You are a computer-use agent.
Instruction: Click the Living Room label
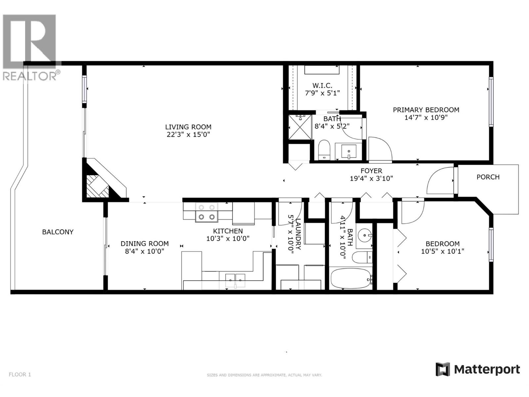pos(188,127)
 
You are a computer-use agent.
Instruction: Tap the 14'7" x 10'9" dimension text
pos(426,117)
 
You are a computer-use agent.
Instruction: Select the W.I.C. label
pos(322,86)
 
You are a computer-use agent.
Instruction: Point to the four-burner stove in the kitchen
pos(207,212)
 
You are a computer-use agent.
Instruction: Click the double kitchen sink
pos(235,280)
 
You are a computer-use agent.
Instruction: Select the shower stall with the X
pos(300,127)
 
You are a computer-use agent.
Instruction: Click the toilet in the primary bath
pos(324,150)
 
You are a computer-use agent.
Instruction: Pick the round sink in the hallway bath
pos(365,236)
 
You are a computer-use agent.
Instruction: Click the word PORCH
pos(488,177)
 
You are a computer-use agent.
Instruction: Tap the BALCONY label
pos(58,232)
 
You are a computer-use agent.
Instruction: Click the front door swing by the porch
pos(440,181)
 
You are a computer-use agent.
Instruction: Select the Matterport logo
pos(477,369)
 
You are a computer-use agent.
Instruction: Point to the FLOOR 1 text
pos(20,375)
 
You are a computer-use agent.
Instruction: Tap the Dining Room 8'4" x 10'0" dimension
pos(144,251)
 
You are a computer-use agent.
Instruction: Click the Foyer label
pos(371,171)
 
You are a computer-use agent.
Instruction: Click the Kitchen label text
pos(228,231)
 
